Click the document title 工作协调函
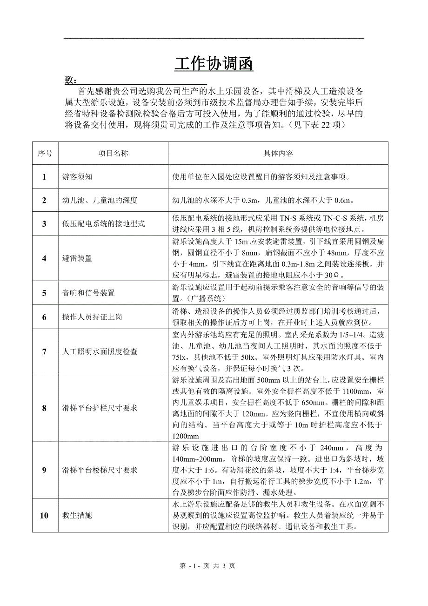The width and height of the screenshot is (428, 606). pos(214,65)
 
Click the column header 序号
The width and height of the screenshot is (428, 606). pos(45,153)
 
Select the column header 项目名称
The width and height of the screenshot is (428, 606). pos(113,153)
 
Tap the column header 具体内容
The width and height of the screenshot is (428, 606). pos(278,153)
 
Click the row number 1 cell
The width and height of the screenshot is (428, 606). pos(45,176)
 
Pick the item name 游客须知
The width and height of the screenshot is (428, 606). pos(77,177)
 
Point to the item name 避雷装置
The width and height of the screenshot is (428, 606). pos(77,258)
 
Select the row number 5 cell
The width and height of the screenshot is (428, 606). pos(45,293)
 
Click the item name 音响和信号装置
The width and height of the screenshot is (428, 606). pos(88,293)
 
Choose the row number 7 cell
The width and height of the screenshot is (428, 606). pos(45,351)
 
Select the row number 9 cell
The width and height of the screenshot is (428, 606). pos(45,470)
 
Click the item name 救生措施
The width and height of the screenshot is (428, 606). pos(77,515)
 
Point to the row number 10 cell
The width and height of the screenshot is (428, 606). pos(45,515)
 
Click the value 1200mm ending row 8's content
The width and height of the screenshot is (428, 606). pos(186,436)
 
